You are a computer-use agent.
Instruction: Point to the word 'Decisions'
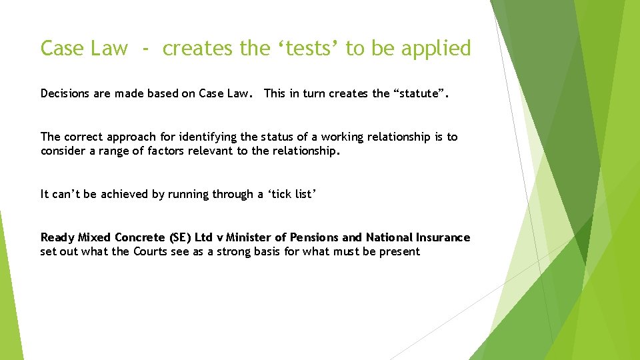point(66,93)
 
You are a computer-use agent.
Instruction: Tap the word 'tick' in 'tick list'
point(283,194)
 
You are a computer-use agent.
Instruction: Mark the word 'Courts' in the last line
point(150,251)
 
